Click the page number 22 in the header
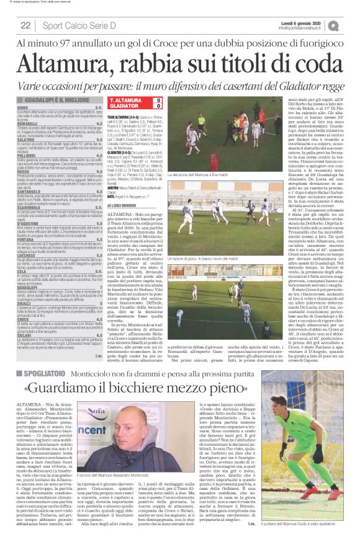click(25, 25)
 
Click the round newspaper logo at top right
click(351, 25)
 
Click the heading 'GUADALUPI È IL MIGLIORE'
click(56, 99)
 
